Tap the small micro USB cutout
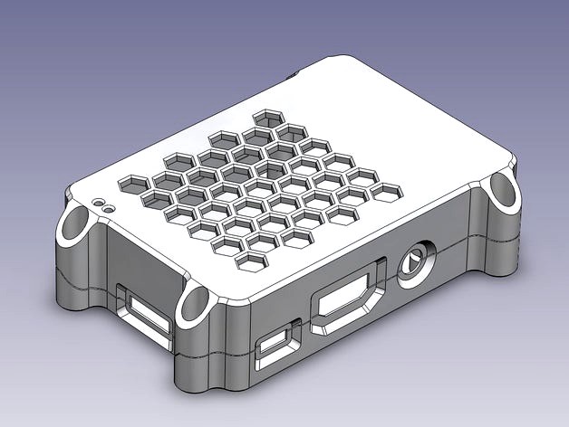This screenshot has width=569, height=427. click(x=276, y=346)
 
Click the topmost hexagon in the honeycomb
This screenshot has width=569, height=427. click(x=267, y=119)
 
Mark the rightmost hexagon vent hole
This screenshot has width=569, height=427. click(x=388, y=191)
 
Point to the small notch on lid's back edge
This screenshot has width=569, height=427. click(x=293, y=75)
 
